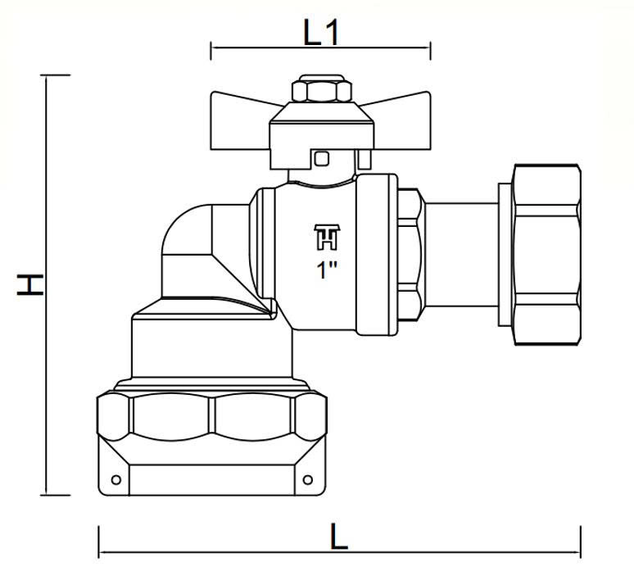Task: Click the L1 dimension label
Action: point(320,33)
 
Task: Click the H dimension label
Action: point(30,285)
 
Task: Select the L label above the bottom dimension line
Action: point(339,537)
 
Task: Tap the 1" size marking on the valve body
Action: point(327,270)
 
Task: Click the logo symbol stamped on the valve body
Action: point(327,237)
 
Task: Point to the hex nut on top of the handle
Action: point(322,88)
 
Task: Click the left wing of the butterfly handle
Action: point(241,120)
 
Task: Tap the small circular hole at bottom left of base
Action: point(116,480)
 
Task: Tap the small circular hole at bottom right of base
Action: point(308,480)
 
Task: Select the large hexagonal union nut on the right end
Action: point(546,255)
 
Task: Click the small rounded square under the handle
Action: point(322,159)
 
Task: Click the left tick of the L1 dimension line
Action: point(211,51)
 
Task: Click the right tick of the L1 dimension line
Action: point(431,51)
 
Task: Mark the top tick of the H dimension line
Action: point(56,75)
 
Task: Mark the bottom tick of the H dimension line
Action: point(56,494)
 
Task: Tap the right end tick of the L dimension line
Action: point(581,542)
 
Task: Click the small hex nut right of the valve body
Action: point(410,255)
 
